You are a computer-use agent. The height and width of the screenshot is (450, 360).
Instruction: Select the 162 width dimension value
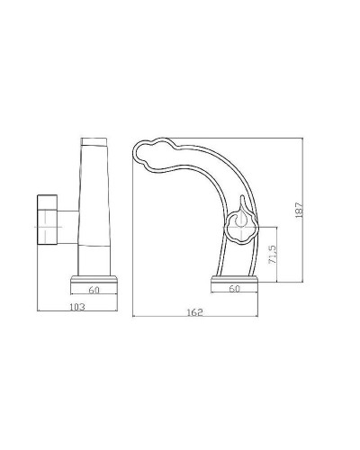pos(195,312)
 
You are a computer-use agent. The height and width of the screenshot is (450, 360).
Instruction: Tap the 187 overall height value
pos(300,209)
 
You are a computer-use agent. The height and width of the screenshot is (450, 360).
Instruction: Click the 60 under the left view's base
pos(94,291)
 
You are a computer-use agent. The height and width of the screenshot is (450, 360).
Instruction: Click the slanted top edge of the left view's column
pos(95,140)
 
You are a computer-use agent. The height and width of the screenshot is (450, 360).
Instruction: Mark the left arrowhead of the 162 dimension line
pos(134,318)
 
